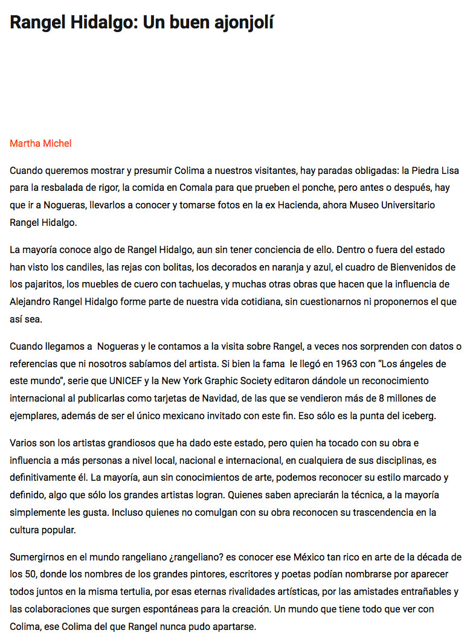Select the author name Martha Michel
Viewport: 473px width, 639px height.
pos(40,143)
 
